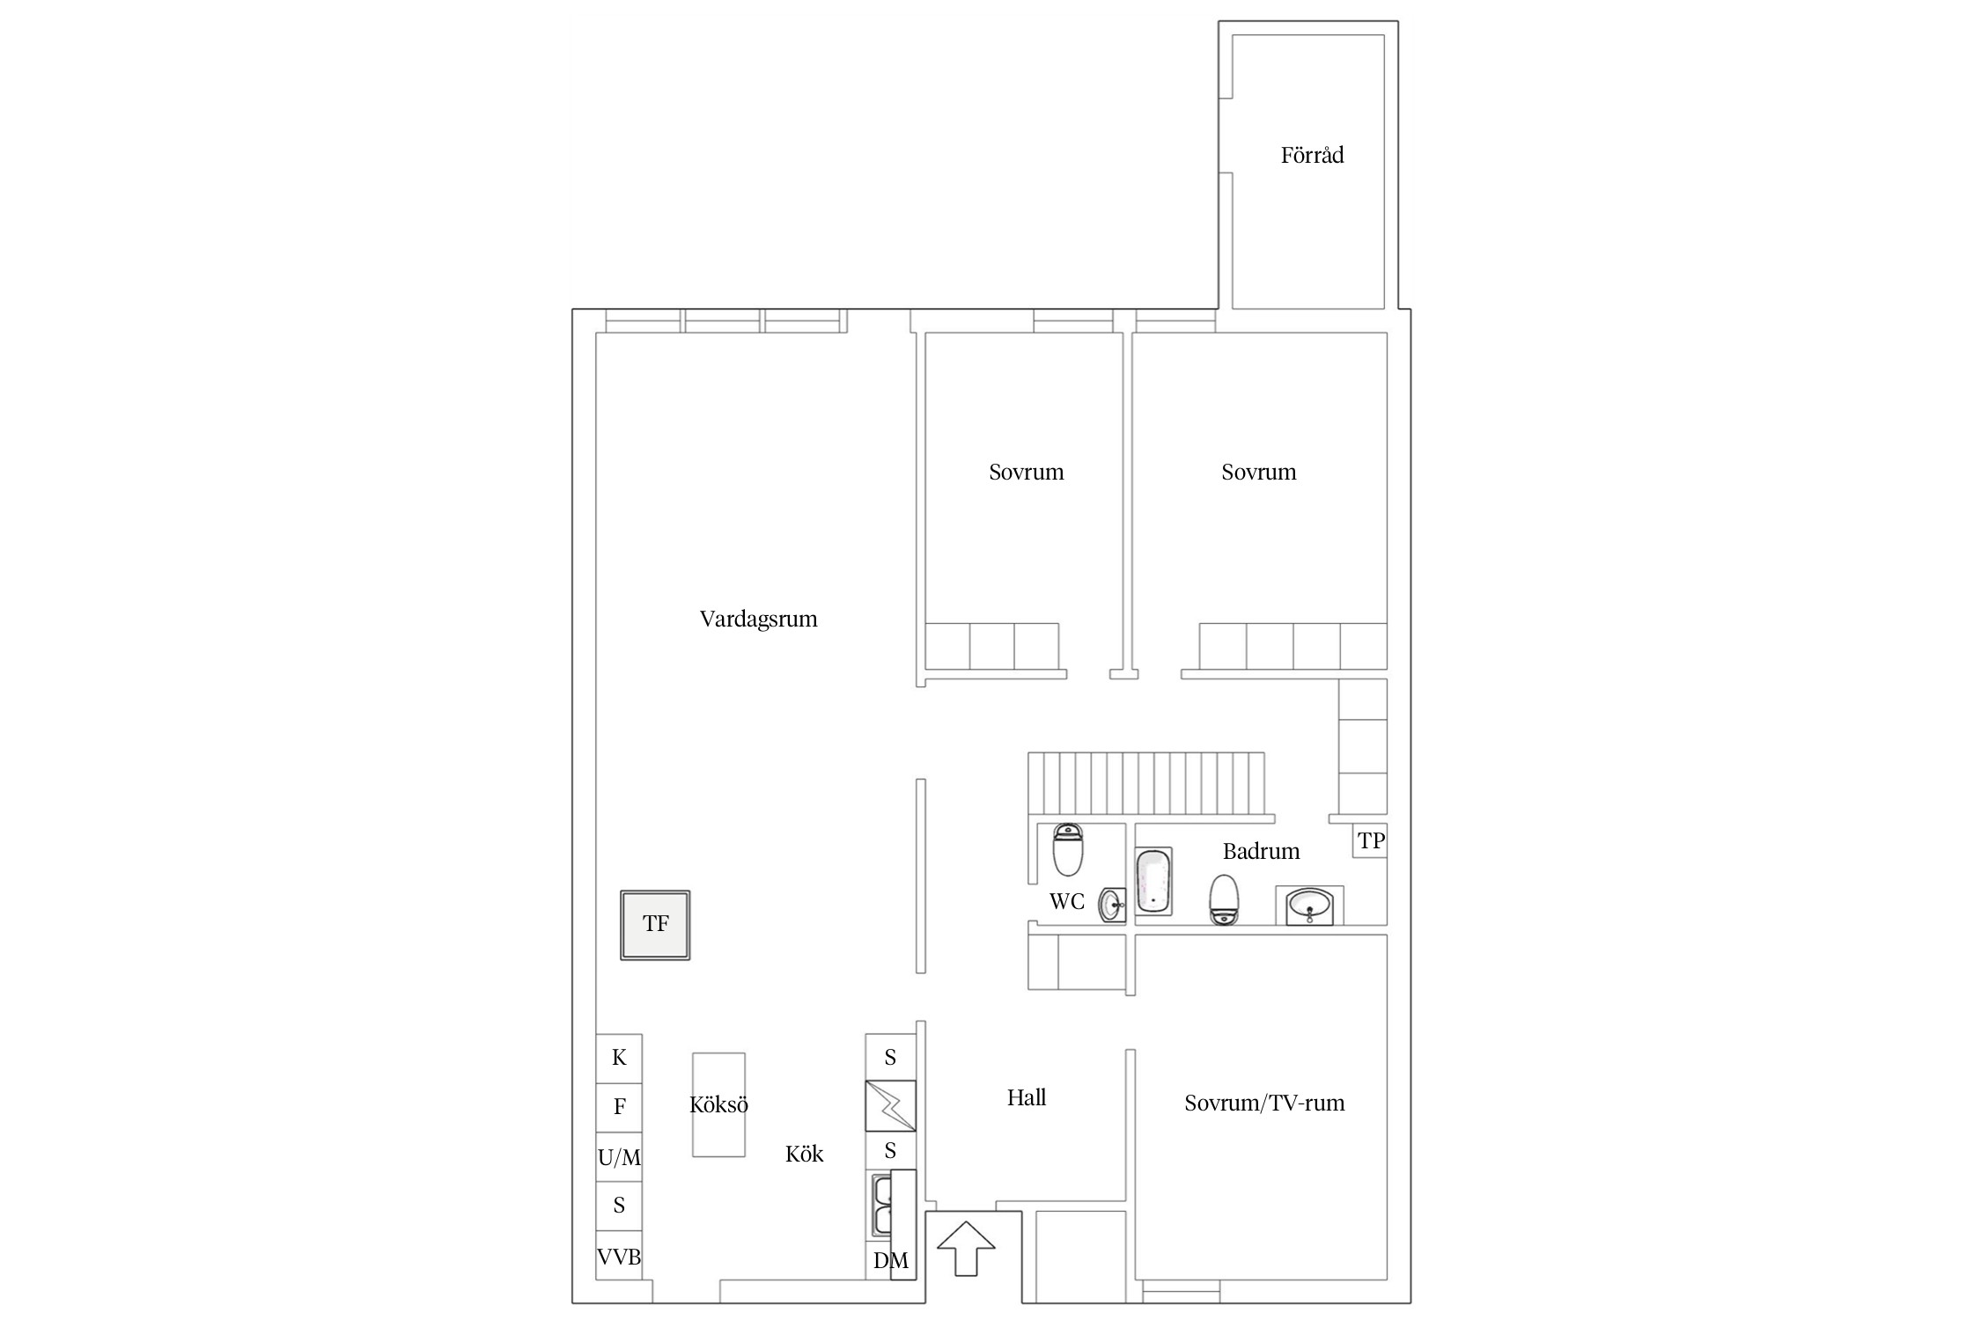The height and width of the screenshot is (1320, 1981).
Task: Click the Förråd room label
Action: click(1312, 156)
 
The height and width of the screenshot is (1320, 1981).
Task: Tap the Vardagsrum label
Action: click(758, 620)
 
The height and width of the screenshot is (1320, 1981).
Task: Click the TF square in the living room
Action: click(655, 924)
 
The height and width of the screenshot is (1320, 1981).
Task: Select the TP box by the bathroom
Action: click(1371, 841)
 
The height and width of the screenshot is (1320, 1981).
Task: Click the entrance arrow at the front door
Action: click(965, 1247)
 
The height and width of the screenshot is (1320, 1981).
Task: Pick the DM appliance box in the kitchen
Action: click(890, 1261)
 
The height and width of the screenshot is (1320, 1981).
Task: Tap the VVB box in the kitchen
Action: click(619, 1258)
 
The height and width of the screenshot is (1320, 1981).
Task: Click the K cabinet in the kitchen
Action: click(619, 1058)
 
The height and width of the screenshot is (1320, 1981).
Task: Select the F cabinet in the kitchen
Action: click(619, 1107)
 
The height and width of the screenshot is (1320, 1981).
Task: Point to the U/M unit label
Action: click(619, 1158)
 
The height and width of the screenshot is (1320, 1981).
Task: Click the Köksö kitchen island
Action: click(718, 1104)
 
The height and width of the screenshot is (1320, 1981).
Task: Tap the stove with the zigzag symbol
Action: click(890, 1105)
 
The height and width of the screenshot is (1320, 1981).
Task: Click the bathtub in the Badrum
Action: click(1153, 881)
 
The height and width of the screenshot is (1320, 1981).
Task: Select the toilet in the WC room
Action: click(1068, 849)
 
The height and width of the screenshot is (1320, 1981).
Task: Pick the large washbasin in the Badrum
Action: click(1309, 906)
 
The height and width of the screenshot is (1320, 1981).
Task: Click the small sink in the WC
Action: click(1111, 904)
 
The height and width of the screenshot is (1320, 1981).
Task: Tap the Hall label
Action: click(1027, 1097)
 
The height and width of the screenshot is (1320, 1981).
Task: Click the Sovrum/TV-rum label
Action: click(1264, 1104)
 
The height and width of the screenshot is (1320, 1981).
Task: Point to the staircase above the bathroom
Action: click(1146, 782)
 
